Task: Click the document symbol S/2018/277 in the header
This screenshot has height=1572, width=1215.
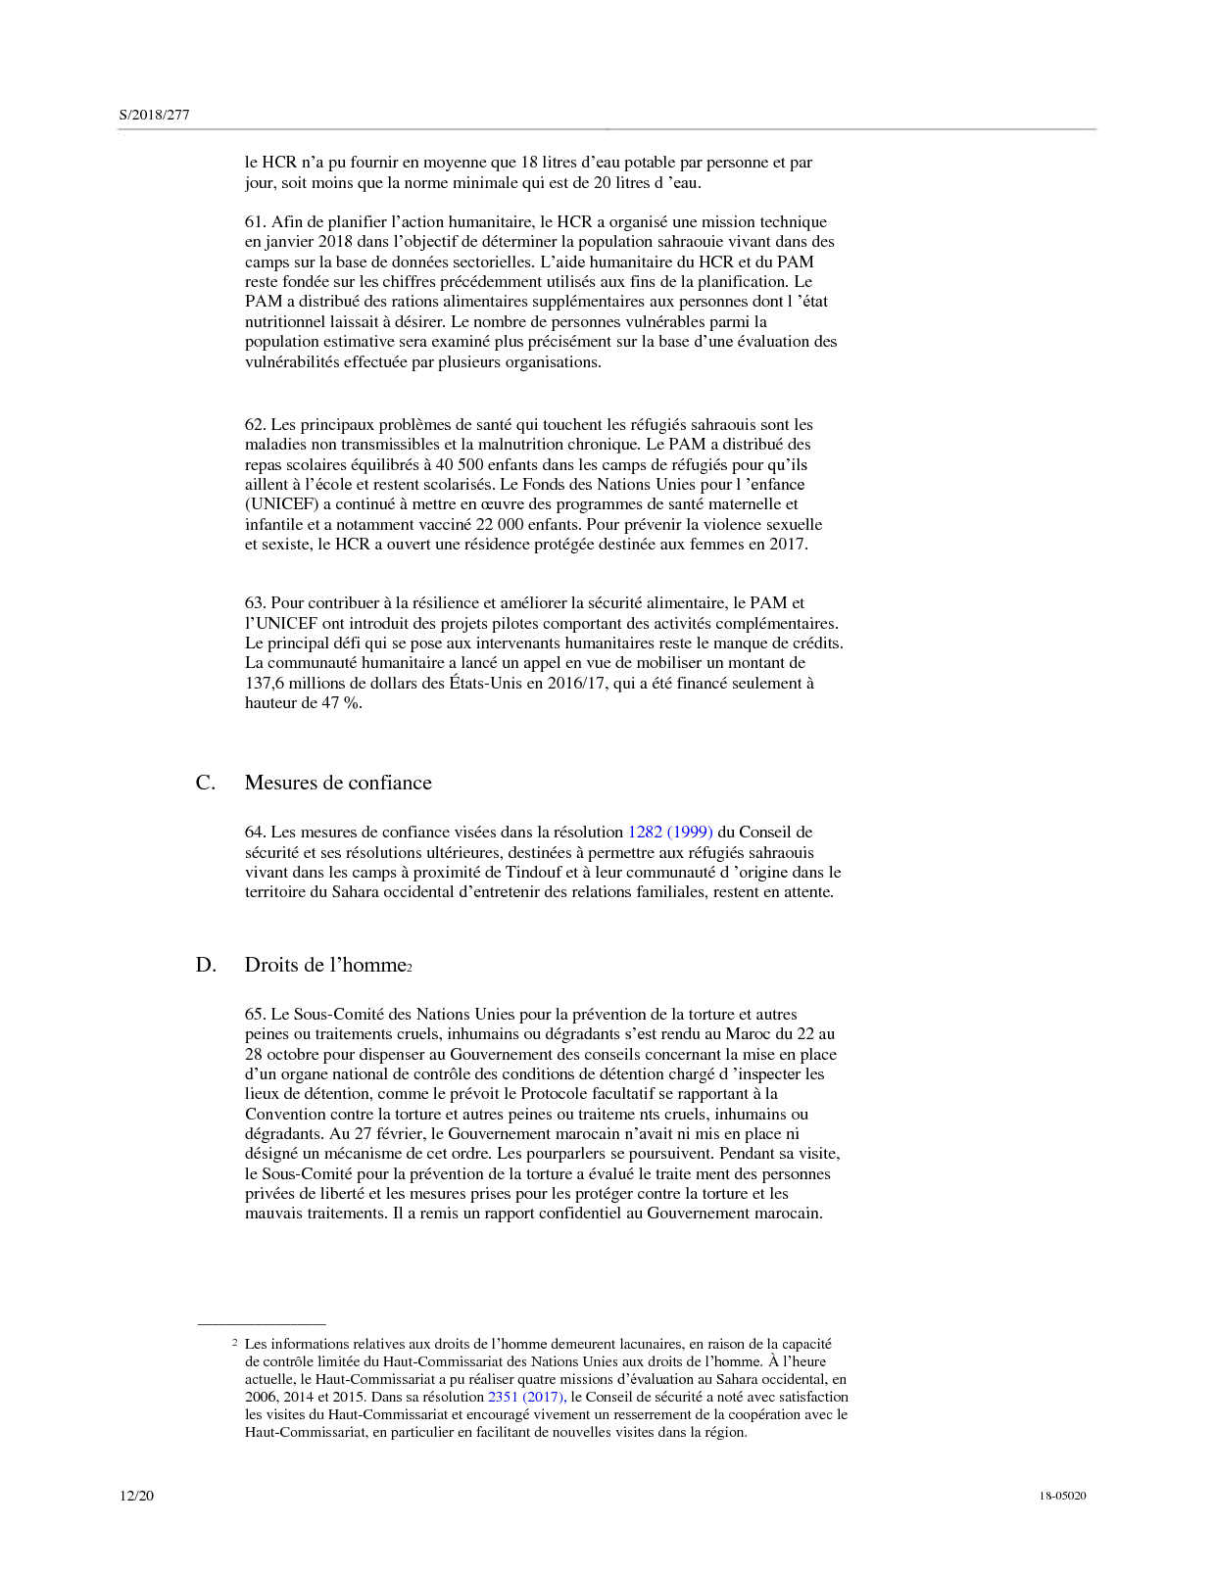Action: point(154,115)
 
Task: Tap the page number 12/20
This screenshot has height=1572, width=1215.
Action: point(136,1495)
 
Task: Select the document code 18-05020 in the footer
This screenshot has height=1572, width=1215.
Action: point(1062,1496)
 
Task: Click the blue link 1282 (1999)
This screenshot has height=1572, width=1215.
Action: point(670,832)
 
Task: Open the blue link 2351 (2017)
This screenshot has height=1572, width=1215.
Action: point(526,1397)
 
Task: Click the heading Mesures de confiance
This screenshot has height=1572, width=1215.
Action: point(338,783)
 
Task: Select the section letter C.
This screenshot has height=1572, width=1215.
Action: point(205,783)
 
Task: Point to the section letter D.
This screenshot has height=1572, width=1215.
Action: point(206,965)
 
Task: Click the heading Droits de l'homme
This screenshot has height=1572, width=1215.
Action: point(325,965)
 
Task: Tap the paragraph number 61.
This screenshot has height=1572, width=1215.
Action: point(255,222)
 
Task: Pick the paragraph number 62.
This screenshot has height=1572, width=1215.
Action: point(255,424)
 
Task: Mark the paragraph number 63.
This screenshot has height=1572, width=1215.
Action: point(255,603)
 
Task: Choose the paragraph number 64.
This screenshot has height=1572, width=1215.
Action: point(255,833)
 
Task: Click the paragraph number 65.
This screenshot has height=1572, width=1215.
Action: point(255,1015)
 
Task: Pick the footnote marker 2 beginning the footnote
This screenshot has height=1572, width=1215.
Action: point(234,1343)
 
